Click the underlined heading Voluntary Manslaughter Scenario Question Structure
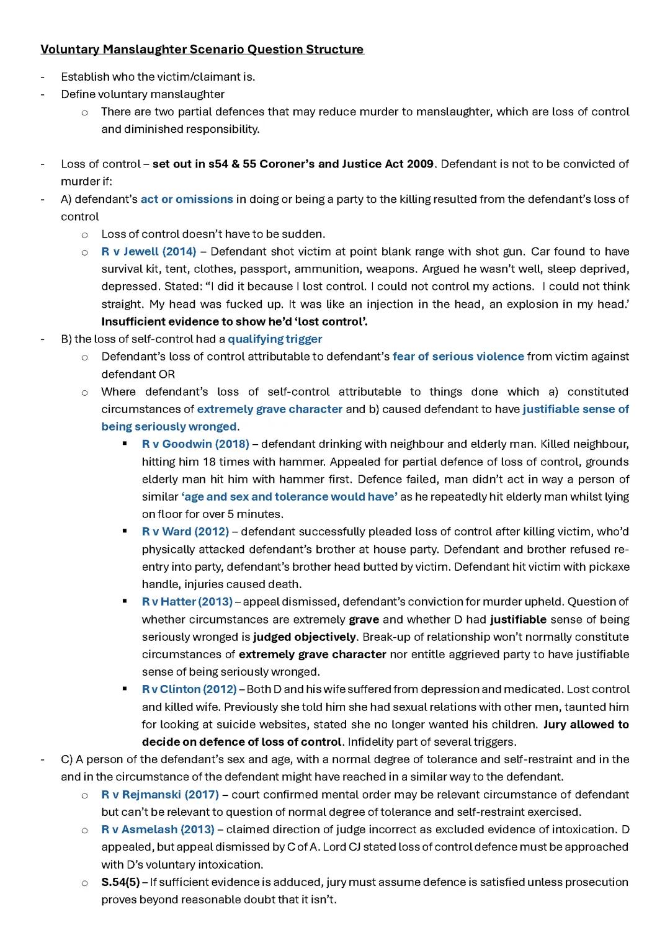point(202,49)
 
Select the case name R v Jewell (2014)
point(148,251)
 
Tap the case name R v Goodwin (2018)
point(195,444)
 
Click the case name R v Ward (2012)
point(185,532)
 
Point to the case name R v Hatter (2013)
point(187,602)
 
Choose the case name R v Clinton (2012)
point(189,689)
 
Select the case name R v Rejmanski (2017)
point(159,794)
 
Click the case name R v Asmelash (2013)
point(158,829)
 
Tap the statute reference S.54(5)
point(120,882)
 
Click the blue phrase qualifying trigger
point(275,339)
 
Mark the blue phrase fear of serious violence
point(458,356)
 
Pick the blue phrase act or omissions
point(187,199)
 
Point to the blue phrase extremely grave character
point(269,409)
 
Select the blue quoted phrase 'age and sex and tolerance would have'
point(289,496)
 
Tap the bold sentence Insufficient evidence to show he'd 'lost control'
point(234,321)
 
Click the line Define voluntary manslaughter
point(143,94)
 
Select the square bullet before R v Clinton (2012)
point(125,689)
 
